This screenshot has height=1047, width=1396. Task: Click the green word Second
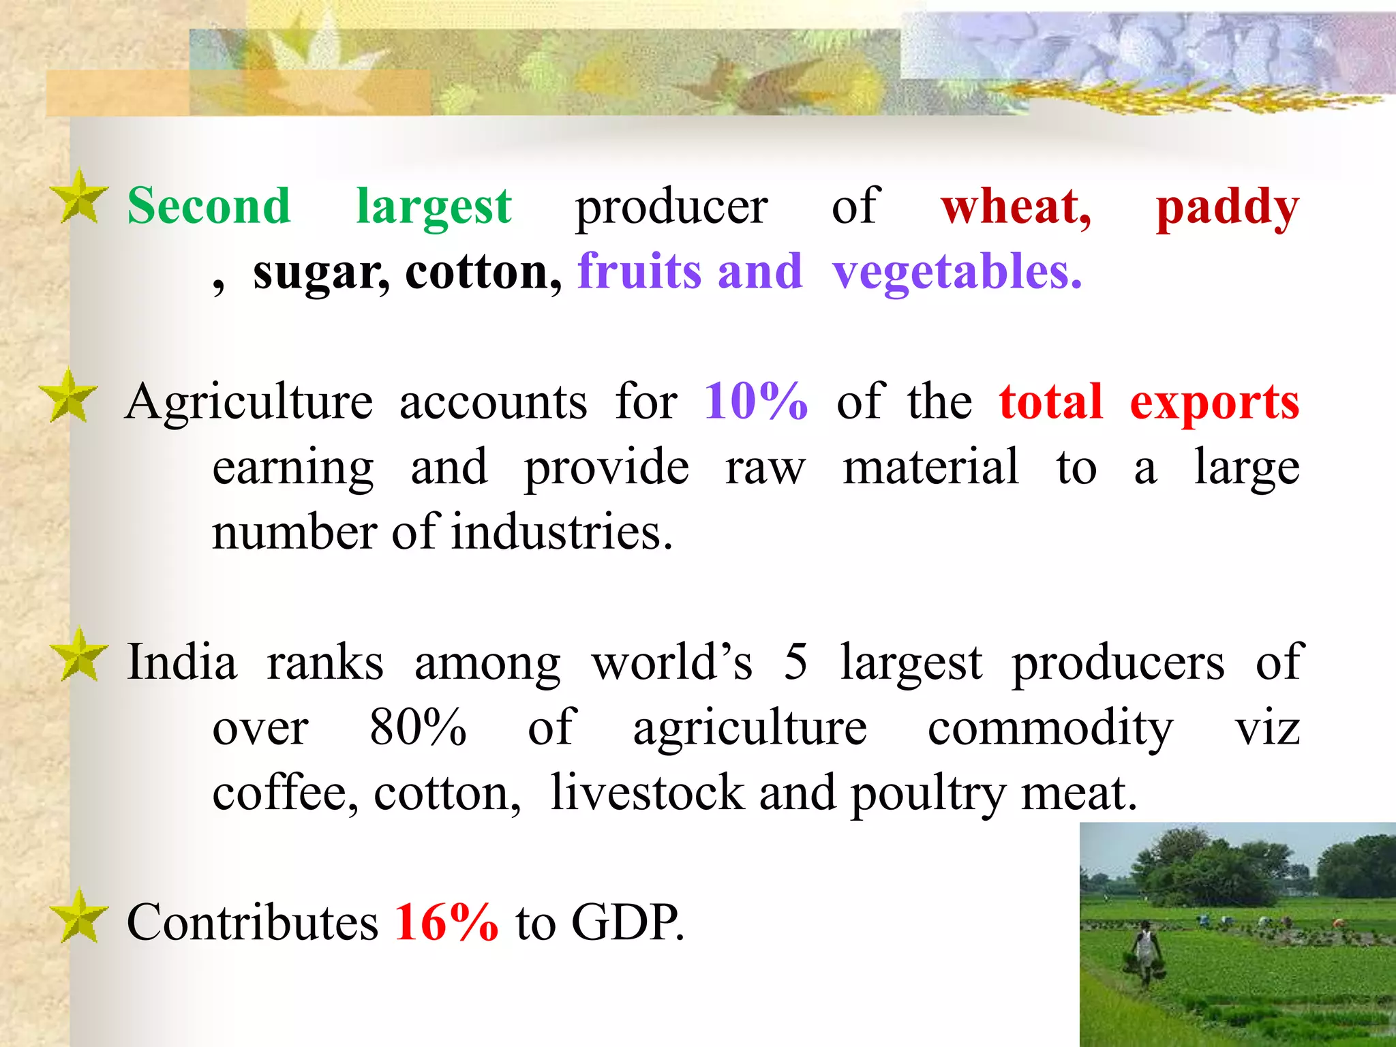(209, 206)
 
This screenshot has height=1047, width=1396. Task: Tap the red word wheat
(1014, 206)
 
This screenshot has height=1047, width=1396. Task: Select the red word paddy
(1227, 207)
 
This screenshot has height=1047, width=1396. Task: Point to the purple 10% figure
(755, 401)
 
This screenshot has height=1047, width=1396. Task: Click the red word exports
(1214, 403)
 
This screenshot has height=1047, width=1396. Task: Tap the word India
(182, 663)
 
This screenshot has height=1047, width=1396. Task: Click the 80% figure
(418, 727)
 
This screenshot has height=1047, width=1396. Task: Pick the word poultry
(928, 794)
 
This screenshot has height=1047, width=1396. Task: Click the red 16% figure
(446, 922)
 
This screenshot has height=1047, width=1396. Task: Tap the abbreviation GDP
(626, 922)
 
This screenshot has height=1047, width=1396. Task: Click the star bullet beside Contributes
(79, 917)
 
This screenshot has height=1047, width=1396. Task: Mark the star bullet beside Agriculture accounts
(69, 396)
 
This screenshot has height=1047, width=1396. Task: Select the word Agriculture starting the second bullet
(249, 403)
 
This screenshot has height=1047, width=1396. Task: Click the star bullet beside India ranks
(79, 656)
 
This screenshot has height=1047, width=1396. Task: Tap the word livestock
(647, 793)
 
